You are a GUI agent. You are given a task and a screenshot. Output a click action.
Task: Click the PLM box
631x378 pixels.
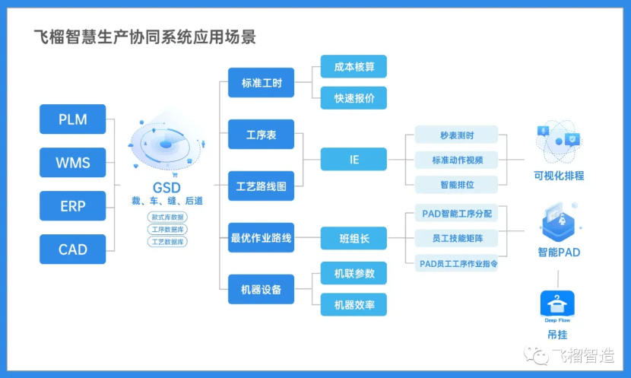click(x=73, y=119)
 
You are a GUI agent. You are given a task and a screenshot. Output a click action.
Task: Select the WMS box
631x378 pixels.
click(x=73, y=163)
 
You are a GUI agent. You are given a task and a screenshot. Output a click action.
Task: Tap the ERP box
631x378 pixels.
click(x=73, y=206)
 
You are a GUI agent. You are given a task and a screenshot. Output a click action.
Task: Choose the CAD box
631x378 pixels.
click(x=73, y=249)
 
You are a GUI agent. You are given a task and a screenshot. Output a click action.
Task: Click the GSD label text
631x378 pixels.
click(x=166, y=187)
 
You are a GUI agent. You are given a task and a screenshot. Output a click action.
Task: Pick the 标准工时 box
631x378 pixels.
click(x=261, y=83)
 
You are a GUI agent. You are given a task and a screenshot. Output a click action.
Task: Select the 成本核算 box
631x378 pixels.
click(x=354, y=67)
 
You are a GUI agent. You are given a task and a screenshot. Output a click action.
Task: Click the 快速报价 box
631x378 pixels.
click(x=354, y=98)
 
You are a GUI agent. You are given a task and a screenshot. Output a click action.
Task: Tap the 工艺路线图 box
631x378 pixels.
click(x=261, y=186)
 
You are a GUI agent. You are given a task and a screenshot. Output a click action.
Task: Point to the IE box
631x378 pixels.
click(x=354, y=160)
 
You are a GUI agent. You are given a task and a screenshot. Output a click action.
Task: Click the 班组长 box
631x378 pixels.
click(x=354, y=238)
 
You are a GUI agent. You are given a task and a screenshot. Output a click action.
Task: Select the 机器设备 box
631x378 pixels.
click(x=261, y=290)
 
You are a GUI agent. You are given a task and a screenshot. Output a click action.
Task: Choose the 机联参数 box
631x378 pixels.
click(x=354, y=273)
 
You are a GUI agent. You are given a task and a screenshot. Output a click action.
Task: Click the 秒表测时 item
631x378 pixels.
click(x=456, y=135)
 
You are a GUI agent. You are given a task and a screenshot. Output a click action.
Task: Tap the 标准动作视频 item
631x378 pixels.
click(x=456, y=160)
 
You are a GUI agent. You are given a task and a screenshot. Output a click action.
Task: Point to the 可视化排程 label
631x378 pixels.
click(x=559, y=176)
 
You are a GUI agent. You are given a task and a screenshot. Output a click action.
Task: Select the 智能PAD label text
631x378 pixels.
click(x=559, y=252)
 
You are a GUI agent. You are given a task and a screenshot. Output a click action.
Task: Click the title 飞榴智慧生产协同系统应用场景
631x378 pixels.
click(x=144, y=36)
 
